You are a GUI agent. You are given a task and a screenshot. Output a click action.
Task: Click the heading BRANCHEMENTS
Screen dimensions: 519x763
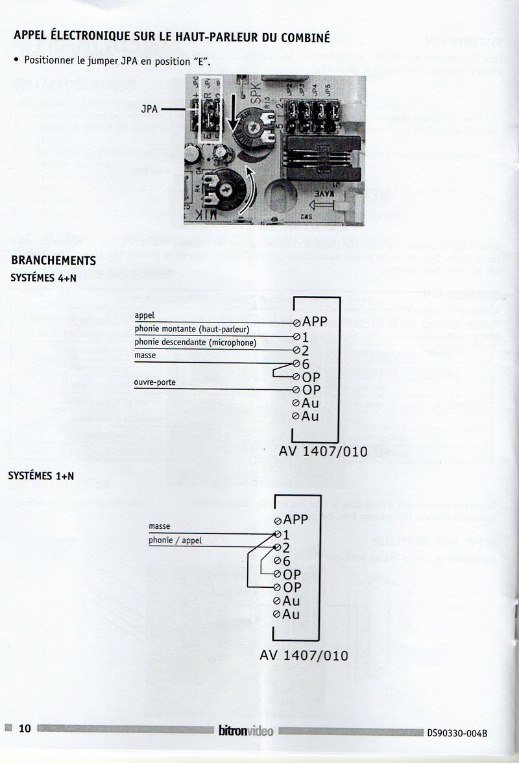pos(54,261)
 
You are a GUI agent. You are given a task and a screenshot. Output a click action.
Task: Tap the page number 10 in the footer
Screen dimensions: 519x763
pos(25,729)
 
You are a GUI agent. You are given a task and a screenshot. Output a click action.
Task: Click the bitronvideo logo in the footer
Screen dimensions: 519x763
pos(246,731)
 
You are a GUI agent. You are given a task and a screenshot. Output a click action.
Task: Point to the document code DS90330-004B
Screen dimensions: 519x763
pos(457,733)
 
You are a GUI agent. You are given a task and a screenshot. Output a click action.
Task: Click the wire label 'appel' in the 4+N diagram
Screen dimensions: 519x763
pos(145,315)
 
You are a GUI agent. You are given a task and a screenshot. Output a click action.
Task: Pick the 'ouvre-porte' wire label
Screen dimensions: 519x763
pos(155,383)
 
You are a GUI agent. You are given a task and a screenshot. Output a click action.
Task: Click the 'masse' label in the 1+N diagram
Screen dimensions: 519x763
pos(160,526)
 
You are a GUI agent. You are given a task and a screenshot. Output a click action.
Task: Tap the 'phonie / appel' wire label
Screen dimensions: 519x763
pos(175,540)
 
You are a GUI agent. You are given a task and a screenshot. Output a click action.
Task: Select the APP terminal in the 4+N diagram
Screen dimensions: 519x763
pos(315,322)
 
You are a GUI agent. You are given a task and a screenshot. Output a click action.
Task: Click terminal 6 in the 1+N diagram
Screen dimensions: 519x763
pos(286,561)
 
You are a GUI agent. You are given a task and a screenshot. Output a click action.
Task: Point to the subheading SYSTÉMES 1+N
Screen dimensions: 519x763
pos(41,476)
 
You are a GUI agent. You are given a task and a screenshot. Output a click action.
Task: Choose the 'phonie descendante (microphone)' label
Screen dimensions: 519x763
pos(195,343)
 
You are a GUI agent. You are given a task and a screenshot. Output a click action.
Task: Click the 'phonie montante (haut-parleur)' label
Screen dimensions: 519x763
pos(192,329)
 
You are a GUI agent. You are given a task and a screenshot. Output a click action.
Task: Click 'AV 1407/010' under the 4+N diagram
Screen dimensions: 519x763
pos(322,452)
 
